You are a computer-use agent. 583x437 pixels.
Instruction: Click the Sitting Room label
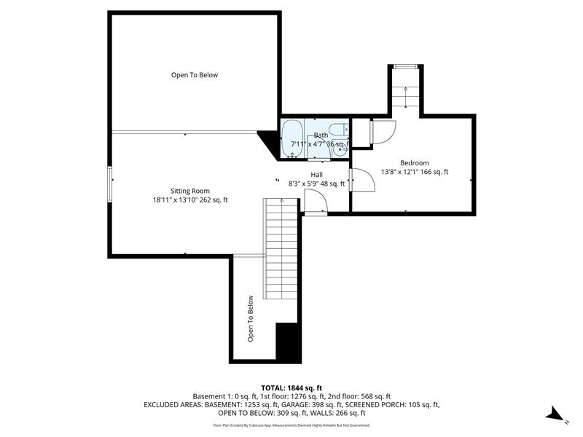click(190, 191)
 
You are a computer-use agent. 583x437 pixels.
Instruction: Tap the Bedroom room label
click(414, 162)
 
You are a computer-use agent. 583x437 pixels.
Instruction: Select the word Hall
click(317, 175)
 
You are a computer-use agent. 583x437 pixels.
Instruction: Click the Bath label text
click(321, 135)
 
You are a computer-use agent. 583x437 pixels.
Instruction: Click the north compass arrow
click(556, 414)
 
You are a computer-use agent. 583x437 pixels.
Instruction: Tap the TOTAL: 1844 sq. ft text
click(291, 387)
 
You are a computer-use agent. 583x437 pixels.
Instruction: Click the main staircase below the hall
click(282, 248)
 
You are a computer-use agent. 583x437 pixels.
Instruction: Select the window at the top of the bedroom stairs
click(404, 67)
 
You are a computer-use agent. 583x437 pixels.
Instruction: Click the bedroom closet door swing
click(383, 131)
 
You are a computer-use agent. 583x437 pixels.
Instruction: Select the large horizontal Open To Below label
click(195, 75)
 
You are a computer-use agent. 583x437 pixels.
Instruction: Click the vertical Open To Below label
click(250, 318)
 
